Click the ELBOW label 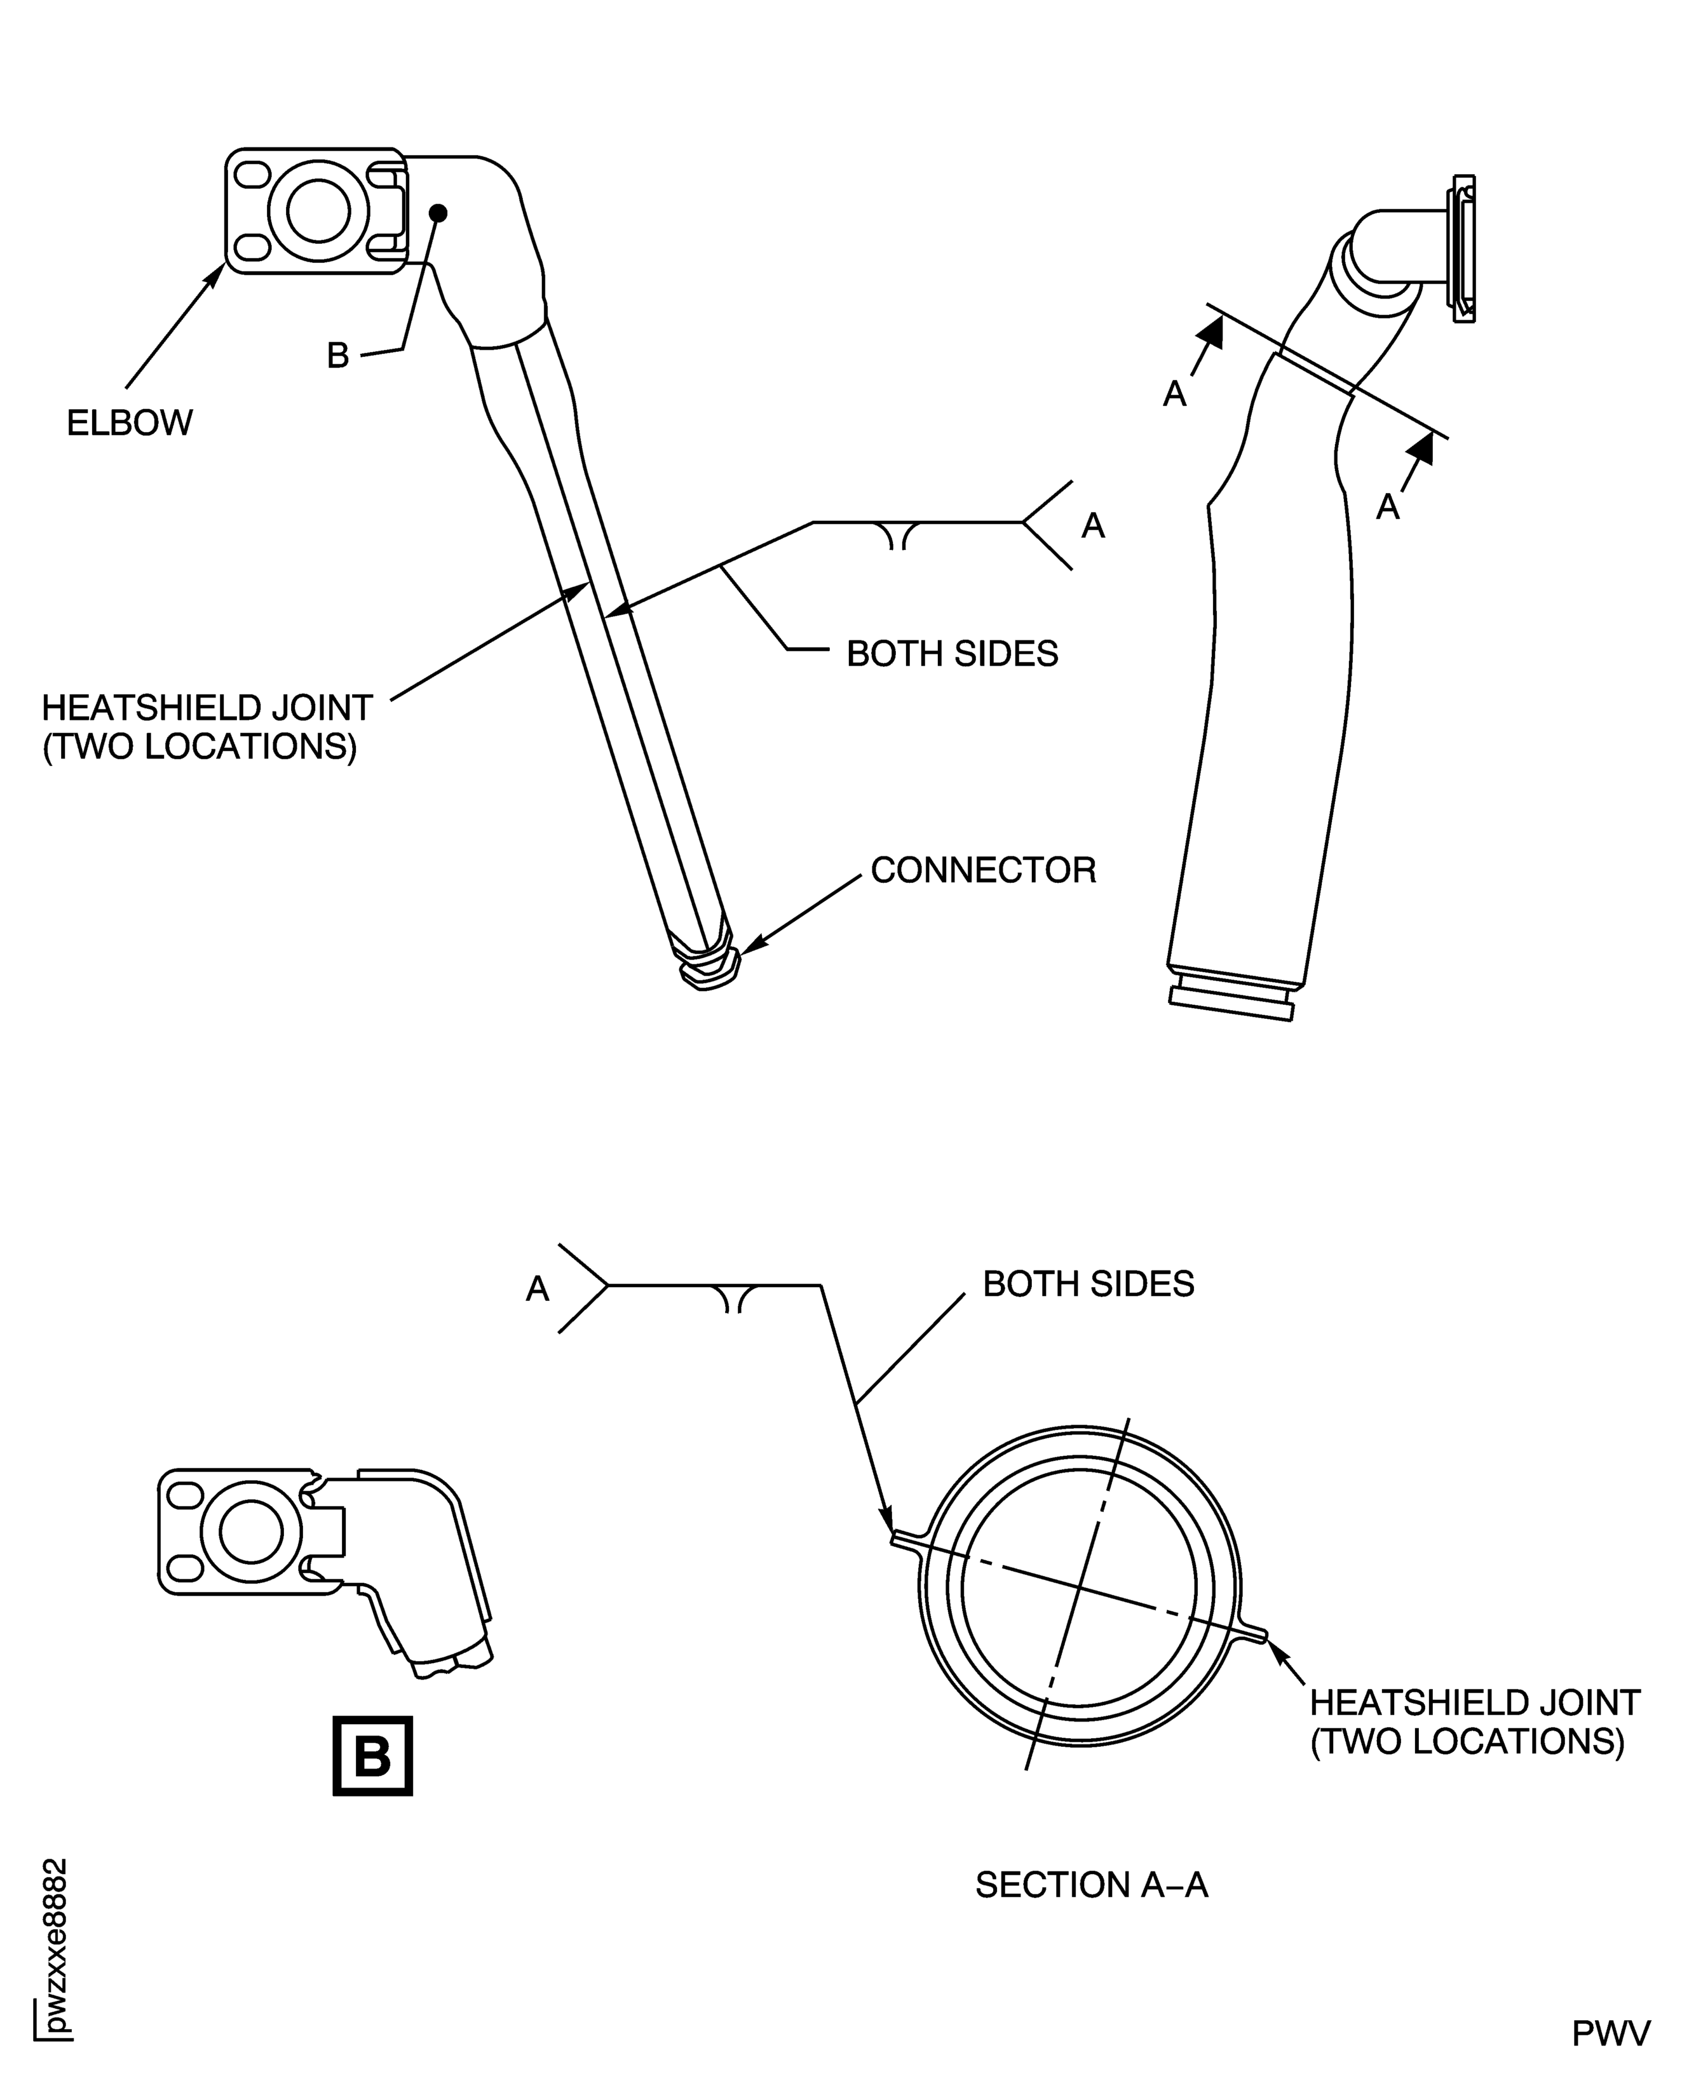coord(130,423)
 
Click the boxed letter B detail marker coord(372,1756)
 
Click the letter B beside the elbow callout coord(337,356)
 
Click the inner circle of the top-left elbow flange coord(319,210)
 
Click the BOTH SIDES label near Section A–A coord(1088,1284)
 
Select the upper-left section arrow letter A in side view coord(1174,393)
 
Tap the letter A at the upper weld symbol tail coord(1093,525)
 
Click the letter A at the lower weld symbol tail coord(538,1288)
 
